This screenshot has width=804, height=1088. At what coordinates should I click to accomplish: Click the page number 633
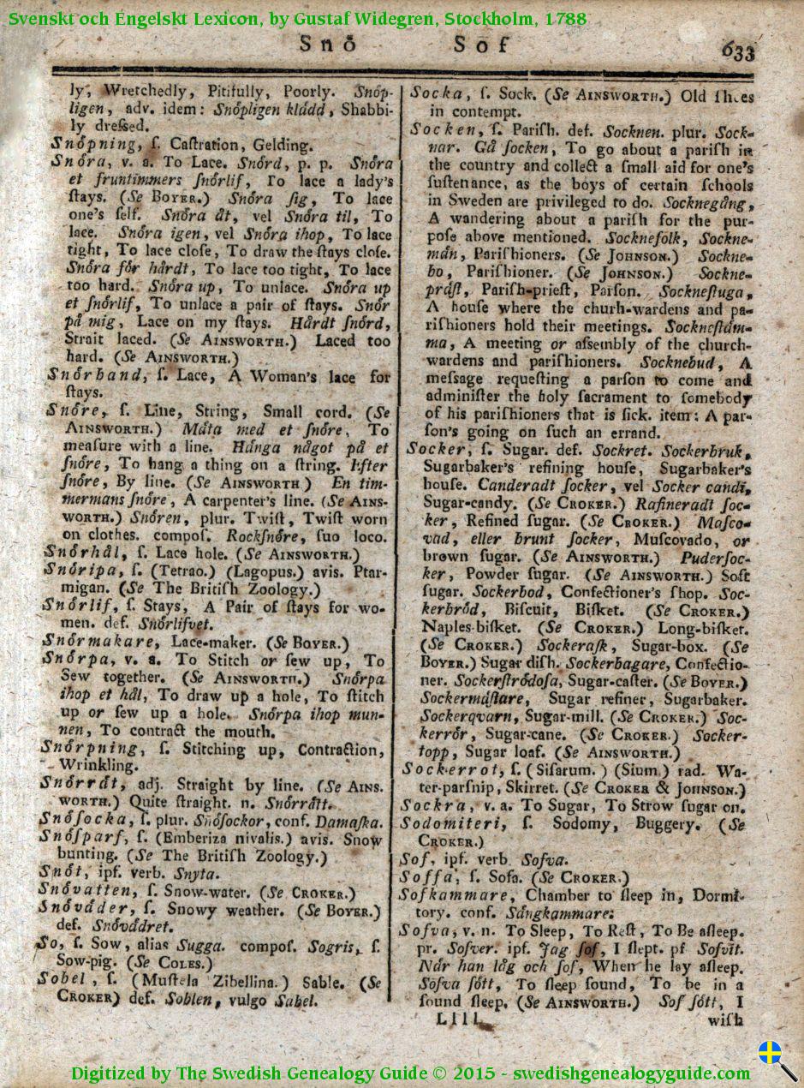tap(738, 51)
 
